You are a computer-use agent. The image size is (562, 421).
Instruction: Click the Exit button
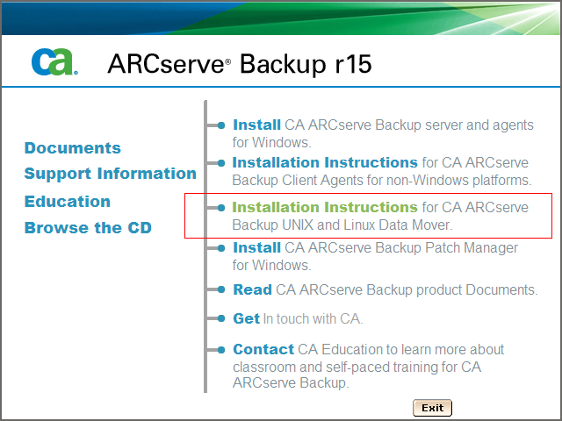click(x=432, y=408)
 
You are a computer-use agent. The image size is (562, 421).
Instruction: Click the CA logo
click(x=54, y=61)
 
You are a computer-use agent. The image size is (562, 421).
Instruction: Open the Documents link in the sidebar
click(x=72, y=148)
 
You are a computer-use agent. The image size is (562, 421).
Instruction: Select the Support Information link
click(x=110, y=174)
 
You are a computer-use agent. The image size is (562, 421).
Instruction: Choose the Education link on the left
click(x=67, y=202)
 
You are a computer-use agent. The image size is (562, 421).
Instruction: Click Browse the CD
click(x=88, y=228)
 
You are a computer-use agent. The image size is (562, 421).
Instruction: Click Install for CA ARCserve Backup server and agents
click(x=256, y=125)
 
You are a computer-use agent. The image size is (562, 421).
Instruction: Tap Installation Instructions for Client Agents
click(x=324, y=163)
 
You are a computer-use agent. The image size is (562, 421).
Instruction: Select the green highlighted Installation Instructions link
click(x=324, y=208)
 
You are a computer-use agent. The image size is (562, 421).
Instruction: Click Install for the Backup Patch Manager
click(x=256, y=248)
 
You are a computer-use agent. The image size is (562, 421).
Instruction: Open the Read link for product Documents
click(x=252, y=290)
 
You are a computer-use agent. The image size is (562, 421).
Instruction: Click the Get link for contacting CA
click(x=246, y=319)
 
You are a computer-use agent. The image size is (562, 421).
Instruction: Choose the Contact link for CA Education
click(x=263, y=349)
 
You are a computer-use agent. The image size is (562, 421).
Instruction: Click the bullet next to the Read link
click(x=223, y=290)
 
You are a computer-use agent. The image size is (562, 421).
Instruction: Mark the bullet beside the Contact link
click(x=223, y=350)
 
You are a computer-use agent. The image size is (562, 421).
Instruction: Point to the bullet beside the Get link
click(x=223, y=319)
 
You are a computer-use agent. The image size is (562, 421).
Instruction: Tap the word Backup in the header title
click(x=281, y=64)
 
